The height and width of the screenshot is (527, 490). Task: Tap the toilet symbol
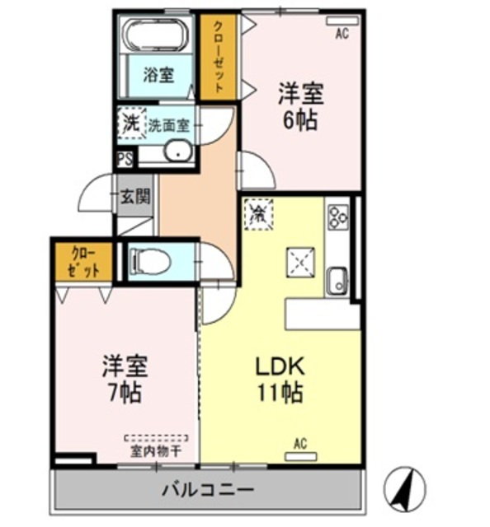click(150, 261)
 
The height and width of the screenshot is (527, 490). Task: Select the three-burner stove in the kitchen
click(338, 217)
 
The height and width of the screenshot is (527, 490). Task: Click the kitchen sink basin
click(337, 282)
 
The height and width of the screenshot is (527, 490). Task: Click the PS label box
click(125, 159)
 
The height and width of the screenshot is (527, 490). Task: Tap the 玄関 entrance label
click(135, 196)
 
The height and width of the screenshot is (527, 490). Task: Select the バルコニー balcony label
click(208, 490)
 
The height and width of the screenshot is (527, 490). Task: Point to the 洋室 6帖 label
click(300, 106)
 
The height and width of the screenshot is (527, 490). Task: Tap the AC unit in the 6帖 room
click(342, 21)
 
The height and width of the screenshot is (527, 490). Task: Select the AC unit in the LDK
click(301, 456)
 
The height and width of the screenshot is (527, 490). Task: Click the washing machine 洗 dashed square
click(131, 123)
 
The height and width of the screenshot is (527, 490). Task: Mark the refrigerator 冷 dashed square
click(258, 214)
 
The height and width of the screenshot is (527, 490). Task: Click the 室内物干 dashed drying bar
click(156, 438)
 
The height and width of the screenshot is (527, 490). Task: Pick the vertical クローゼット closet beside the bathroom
click(219, 57)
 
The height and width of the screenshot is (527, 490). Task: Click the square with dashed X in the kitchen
click(300, 263)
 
